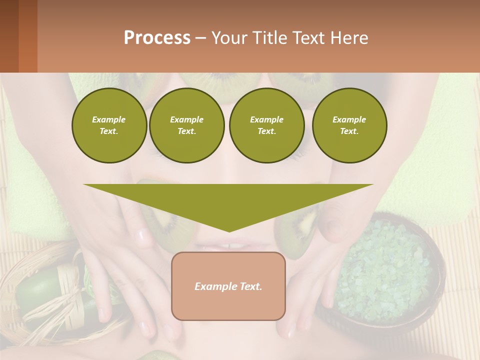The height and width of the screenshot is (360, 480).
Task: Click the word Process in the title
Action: click(157, 37)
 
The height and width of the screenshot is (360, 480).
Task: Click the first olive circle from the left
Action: click(109, 125)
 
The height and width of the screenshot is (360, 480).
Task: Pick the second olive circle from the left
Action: click(186, 125)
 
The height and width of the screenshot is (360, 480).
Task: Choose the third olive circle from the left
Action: click(266, 125)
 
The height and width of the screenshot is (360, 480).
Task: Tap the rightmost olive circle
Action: click(349, 125)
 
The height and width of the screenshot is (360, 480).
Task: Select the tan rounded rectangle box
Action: click(228, 286)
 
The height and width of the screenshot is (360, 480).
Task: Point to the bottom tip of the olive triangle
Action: click(229, 231)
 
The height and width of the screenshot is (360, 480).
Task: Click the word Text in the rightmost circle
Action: click(349, 131)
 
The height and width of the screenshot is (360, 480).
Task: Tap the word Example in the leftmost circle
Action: click(109, 119)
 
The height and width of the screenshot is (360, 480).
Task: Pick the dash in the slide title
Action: click(200, 38)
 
